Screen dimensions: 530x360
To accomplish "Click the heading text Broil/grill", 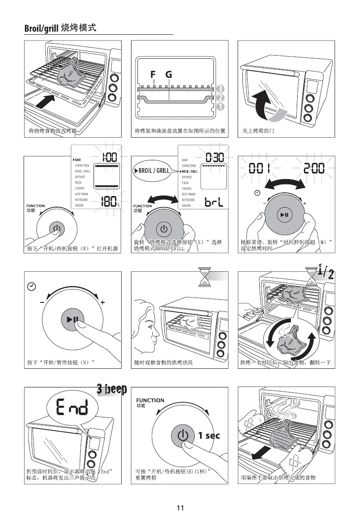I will click(41, 29).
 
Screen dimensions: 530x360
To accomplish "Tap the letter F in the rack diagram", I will click(153, 74).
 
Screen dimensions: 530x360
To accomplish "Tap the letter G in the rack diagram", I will click(168, 74).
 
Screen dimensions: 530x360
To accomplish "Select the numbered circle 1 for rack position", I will click(221, 107).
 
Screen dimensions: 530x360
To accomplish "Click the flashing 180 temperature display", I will click(109, 201).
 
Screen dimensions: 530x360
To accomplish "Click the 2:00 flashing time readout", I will click(314, 169).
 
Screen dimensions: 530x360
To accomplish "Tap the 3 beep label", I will click(112, 389).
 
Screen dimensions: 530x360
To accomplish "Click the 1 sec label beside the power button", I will click(209, 436).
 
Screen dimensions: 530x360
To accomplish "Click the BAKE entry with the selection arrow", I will click(78, 159).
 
